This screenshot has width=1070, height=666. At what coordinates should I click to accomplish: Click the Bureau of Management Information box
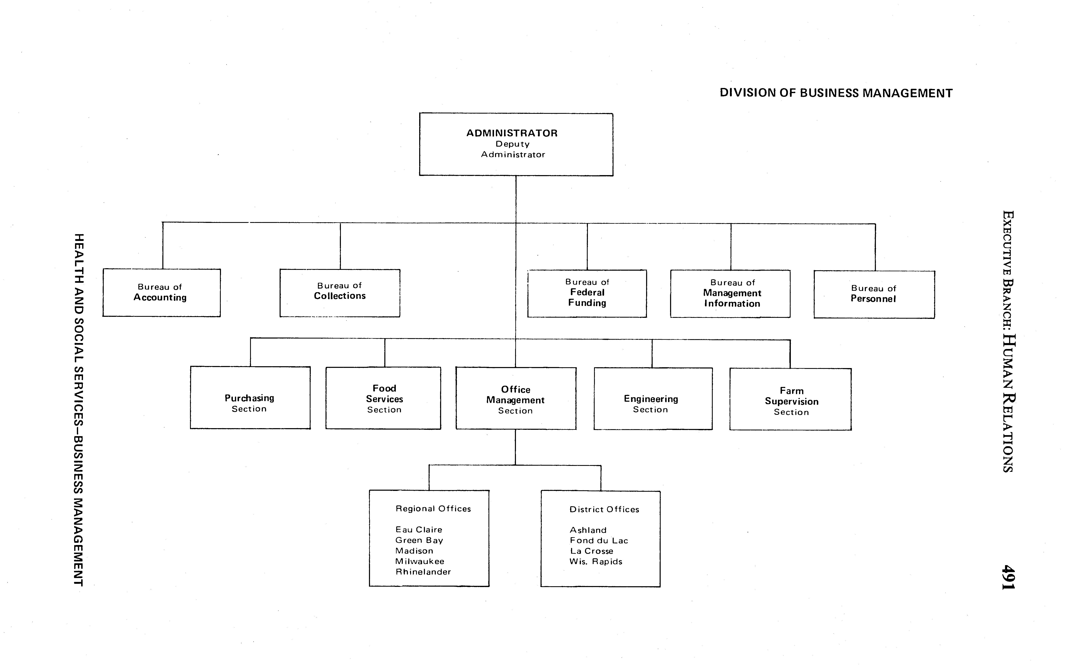click(730, 294)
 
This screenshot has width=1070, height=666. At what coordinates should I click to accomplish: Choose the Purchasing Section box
click(250, 398)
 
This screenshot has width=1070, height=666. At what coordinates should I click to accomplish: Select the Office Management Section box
click(516, 399)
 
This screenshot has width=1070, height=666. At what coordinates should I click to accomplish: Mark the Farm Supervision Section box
click(790, 399)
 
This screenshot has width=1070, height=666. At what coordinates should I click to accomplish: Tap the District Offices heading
click(604, 509)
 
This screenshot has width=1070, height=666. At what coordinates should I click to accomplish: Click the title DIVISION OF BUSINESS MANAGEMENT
click(836, 93)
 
